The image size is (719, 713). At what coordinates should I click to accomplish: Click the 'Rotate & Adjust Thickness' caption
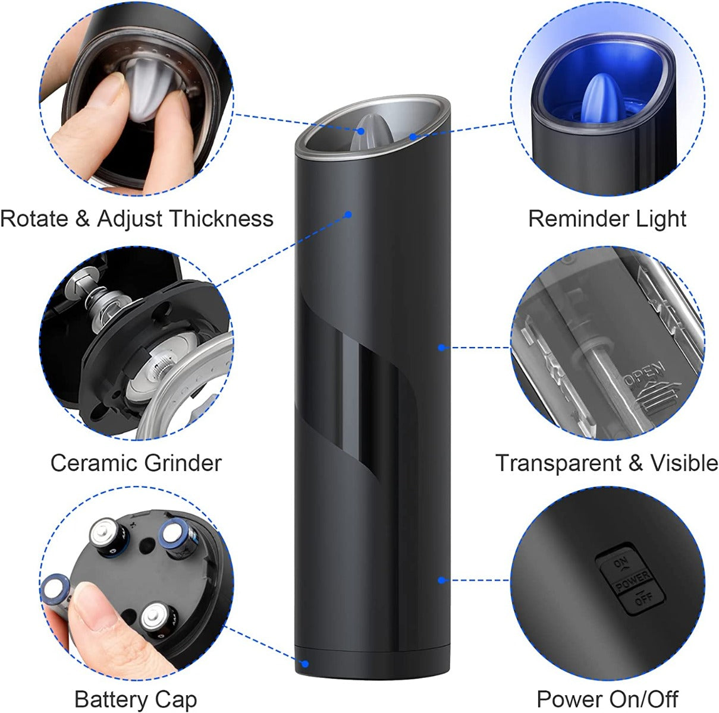click(x=136, y=219)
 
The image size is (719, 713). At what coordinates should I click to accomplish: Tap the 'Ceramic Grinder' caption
click(x=136, y=462)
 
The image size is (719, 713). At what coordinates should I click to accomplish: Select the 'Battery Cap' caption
click(x=136, y=699)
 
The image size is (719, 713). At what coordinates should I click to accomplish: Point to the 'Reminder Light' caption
click(x=607, y=219)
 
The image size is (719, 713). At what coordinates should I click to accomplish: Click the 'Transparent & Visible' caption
click(x=607, y=462)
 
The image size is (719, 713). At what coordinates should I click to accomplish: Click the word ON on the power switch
click(x=620, y=561)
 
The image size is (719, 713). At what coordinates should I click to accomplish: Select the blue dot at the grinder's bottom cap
click(x=306, y=663)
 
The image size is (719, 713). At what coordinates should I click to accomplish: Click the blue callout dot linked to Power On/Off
click(x=441, y=580)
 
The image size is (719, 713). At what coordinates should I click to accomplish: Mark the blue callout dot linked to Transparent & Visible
click(x=441, y=347)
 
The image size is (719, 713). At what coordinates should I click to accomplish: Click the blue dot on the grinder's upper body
click(x=349, y=214)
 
